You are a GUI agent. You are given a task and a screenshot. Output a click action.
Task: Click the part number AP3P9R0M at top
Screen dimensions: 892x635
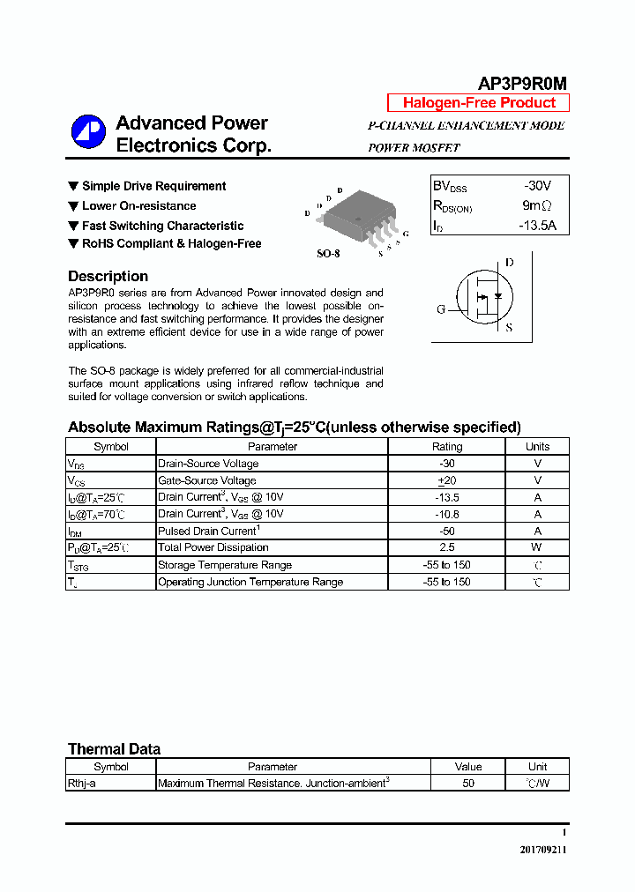(522, 83)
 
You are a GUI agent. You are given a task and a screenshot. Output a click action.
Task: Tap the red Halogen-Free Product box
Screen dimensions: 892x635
(478, 103)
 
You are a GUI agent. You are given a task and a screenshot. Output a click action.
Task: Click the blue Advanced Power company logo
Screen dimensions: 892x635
(88, 132)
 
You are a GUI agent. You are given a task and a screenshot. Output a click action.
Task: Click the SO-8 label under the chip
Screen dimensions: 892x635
(328, 254)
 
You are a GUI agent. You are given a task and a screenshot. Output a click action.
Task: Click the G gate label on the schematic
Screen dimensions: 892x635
(441, 308)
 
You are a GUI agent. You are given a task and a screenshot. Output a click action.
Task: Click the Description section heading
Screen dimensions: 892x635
(108, 276)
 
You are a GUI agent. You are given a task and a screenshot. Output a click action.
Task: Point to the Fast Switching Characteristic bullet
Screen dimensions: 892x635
(162, 226)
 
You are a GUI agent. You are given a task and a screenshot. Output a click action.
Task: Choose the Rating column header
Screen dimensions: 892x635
(447, 447)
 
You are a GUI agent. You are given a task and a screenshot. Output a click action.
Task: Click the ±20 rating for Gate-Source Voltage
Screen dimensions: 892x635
(447, 480)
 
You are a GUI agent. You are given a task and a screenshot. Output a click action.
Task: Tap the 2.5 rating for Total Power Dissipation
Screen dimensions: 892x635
(447, 547)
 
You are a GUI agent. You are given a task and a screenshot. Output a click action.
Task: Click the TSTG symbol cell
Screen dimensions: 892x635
(110, 565)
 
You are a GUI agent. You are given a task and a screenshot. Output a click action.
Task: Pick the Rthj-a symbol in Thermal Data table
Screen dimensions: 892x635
(82, 783)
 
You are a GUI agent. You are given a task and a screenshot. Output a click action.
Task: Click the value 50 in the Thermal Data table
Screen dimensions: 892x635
(468, 783)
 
